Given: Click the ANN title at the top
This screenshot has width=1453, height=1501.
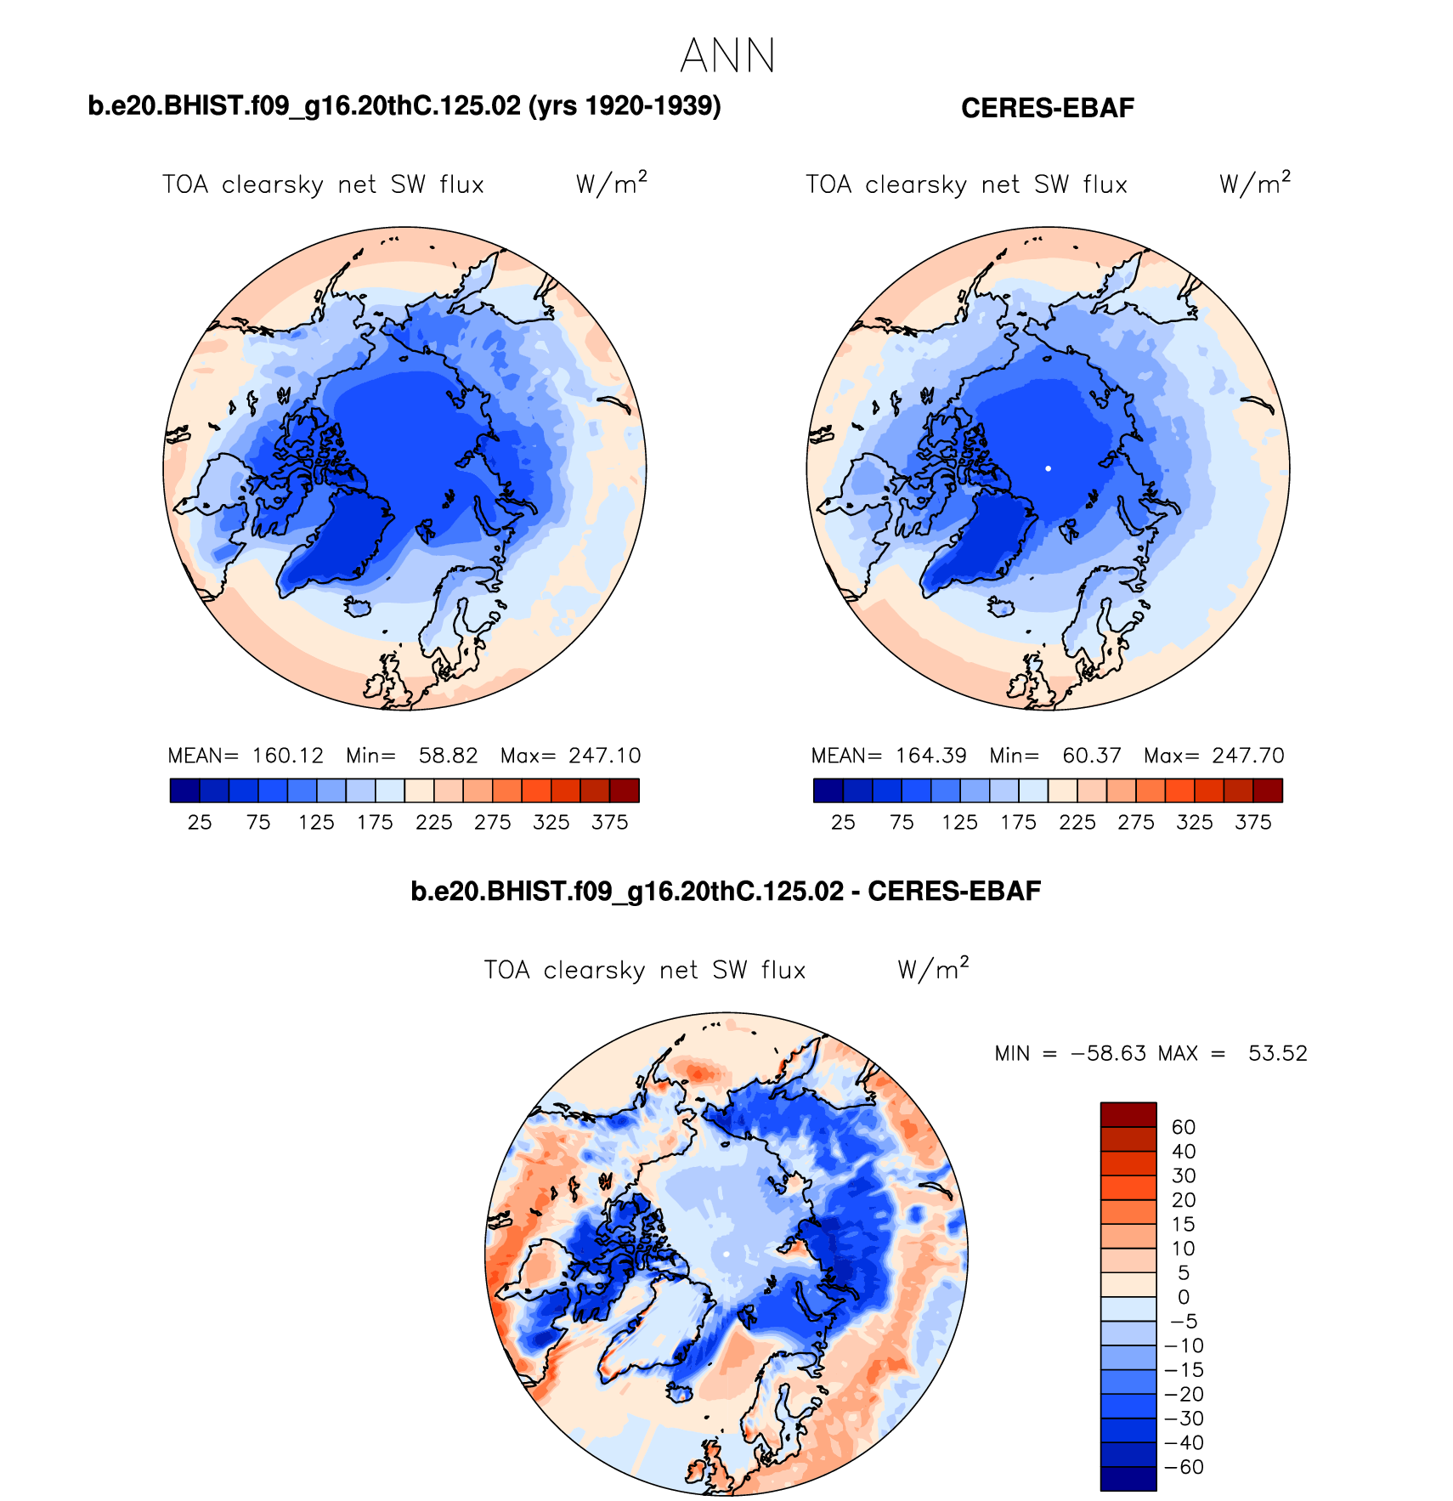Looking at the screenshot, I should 727,57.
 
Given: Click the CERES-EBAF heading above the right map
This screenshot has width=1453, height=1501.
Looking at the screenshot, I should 1047,108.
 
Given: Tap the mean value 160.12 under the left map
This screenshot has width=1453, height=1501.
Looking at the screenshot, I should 288,756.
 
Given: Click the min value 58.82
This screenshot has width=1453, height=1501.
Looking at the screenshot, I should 448,756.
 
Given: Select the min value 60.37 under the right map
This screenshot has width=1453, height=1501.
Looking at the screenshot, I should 1092,756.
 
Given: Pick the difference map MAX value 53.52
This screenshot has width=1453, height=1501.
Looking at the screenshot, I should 1277,1054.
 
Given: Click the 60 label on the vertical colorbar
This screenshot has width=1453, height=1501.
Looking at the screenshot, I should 1184,1127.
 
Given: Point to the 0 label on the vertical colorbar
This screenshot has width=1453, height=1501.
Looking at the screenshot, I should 1184,1297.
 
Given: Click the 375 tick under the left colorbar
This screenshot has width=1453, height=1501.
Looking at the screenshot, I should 610,822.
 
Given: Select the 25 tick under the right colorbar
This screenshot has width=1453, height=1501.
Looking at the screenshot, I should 843,822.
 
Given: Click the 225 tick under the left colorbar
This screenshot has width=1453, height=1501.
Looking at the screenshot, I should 434,822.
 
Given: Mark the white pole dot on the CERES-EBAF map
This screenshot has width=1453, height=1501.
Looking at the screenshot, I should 1048,468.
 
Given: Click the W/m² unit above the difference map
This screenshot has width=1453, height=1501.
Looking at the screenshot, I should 933,969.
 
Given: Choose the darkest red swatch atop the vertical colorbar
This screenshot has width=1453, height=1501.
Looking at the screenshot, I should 1128,1114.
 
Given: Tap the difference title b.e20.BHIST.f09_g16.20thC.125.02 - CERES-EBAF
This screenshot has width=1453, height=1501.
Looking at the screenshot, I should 726,891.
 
